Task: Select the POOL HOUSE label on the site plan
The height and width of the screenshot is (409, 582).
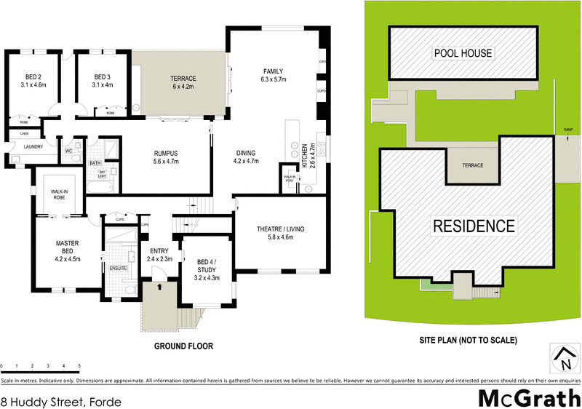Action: (x=463, y=52)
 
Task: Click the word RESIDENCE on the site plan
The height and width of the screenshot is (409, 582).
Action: (x=474, y=226)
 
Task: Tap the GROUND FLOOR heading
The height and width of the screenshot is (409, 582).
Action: (x=183, y=346)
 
